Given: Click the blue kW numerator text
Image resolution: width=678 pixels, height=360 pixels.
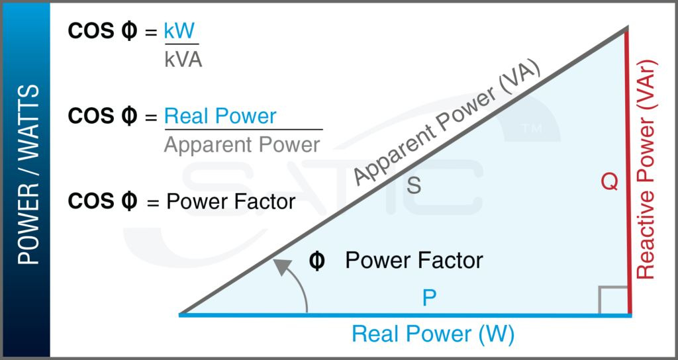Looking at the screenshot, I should click(181, 32).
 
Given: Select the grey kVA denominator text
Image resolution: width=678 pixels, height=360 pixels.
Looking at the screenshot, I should click(183, 60).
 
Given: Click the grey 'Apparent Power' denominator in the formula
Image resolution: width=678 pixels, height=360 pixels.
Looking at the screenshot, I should click(242, 144).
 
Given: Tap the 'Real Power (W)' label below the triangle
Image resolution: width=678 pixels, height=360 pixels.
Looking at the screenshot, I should click(432, 334).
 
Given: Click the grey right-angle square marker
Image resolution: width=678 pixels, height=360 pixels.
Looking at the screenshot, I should click(613, 299).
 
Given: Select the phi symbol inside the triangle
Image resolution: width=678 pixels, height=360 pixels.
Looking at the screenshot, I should click(317, 261).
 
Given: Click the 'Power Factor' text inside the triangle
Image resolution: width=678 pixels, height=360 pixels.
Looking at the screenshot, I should click(414, 261).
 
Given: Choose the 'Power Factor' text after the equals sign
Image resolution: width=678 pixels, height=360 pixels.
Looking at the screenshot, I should click(230, 201).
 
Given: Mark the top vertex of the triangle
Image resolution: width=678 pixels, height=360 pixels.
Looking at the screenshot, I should click(626, 28).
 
